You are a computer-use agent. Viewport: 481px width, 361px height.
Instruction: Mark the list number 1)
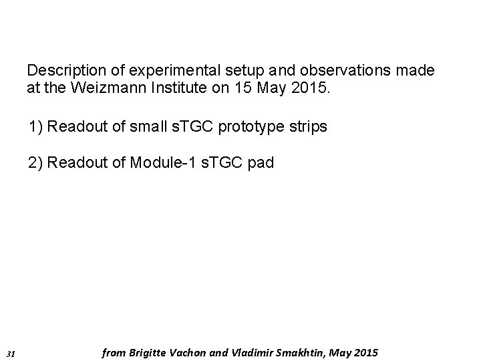click(x=36, y=126)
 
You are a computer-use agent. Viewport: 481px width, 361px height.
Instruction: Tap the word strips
click(x=310, y=126)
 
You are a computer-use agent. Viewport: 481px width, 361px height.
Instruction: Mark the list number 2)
click(x=36, y=163)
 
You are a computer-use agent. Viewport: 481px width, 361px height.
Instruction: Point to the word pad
click(x=261, y=163)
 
